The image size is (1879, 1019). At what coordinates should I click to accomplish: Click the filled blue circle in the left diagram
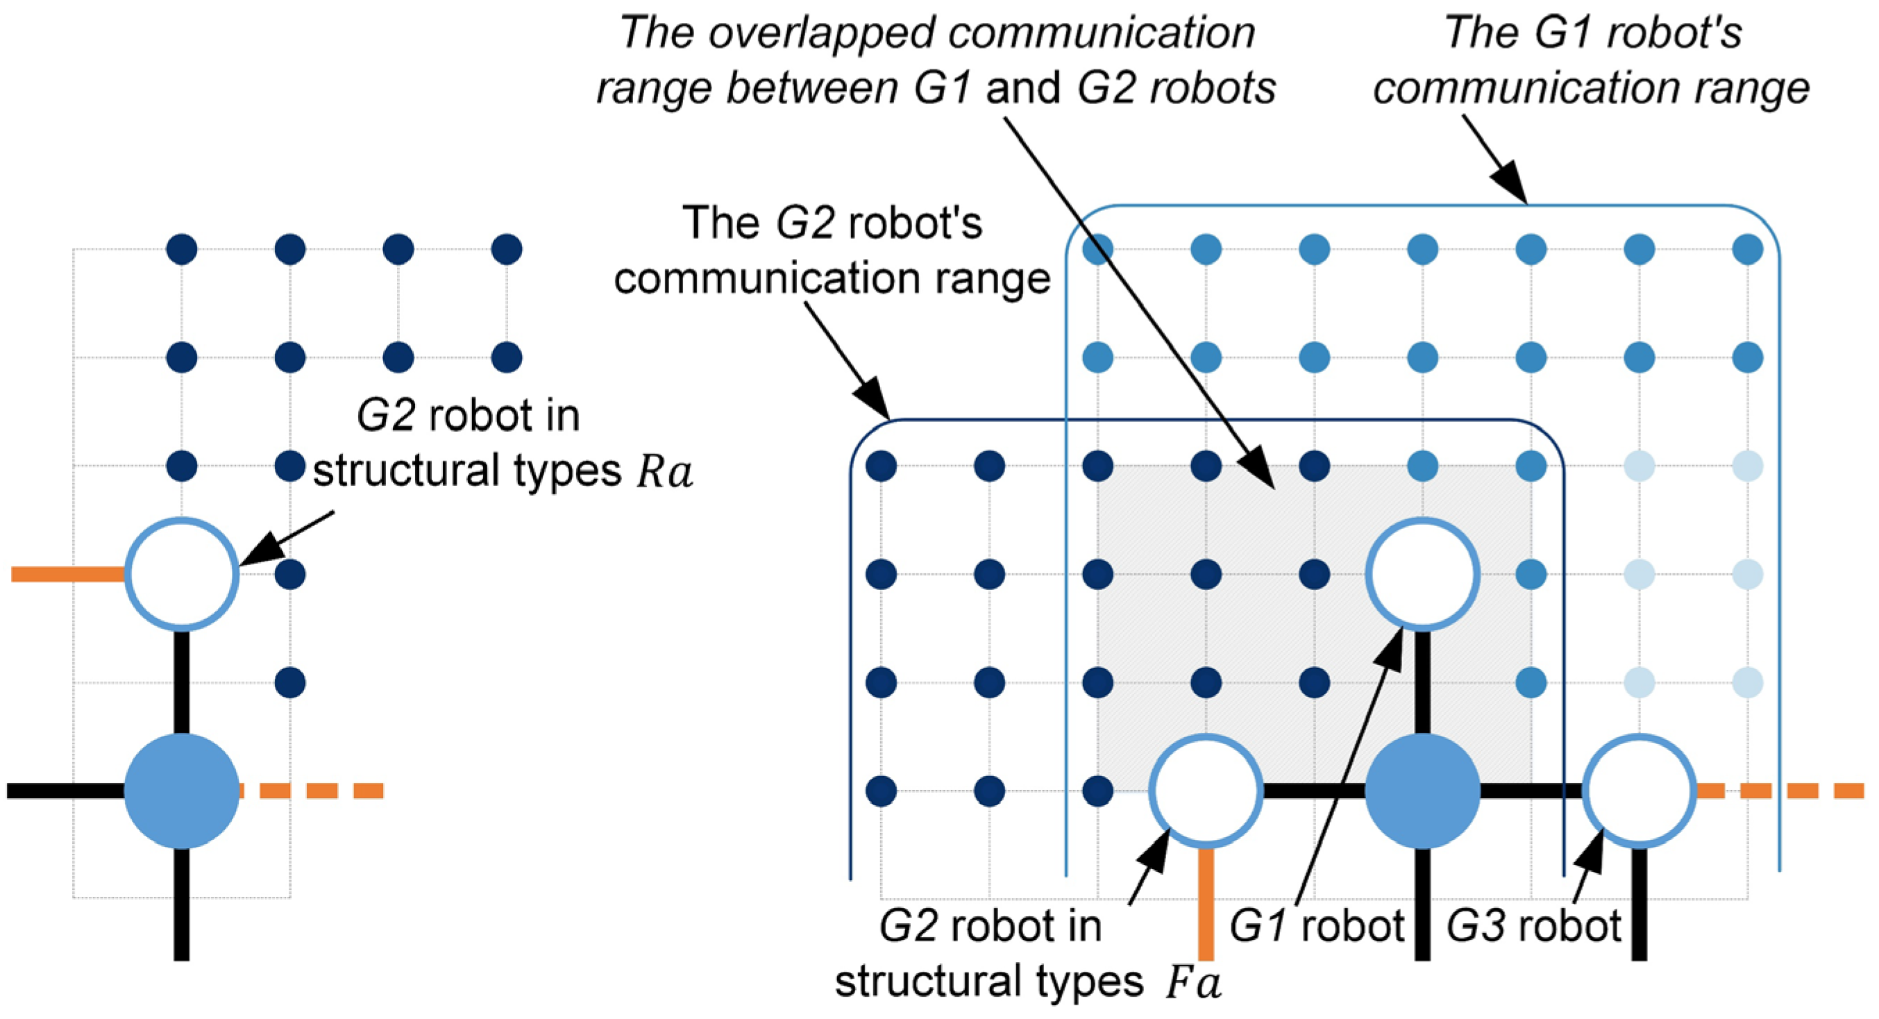pos(182,791)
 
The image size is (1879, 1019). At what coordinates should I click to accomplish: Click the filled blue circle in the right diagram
pos(1422,791)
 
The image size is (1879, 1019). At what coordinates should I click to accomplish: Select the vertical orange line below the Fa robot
pos(1206,904)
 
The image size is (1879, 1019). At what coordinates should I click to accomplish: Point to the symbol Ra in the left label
pos(664,473)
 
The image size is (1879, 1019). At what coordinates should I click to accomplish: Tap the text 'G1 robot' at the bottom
pos(1317,927)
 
